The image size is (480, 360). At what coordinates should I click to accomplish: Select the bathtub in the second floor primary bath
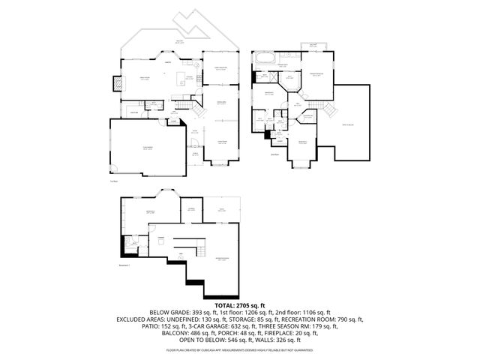tap(264, 58)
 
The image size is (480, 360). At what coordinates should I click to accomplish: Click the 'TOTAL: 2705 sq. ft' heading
tap(240, 305)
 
